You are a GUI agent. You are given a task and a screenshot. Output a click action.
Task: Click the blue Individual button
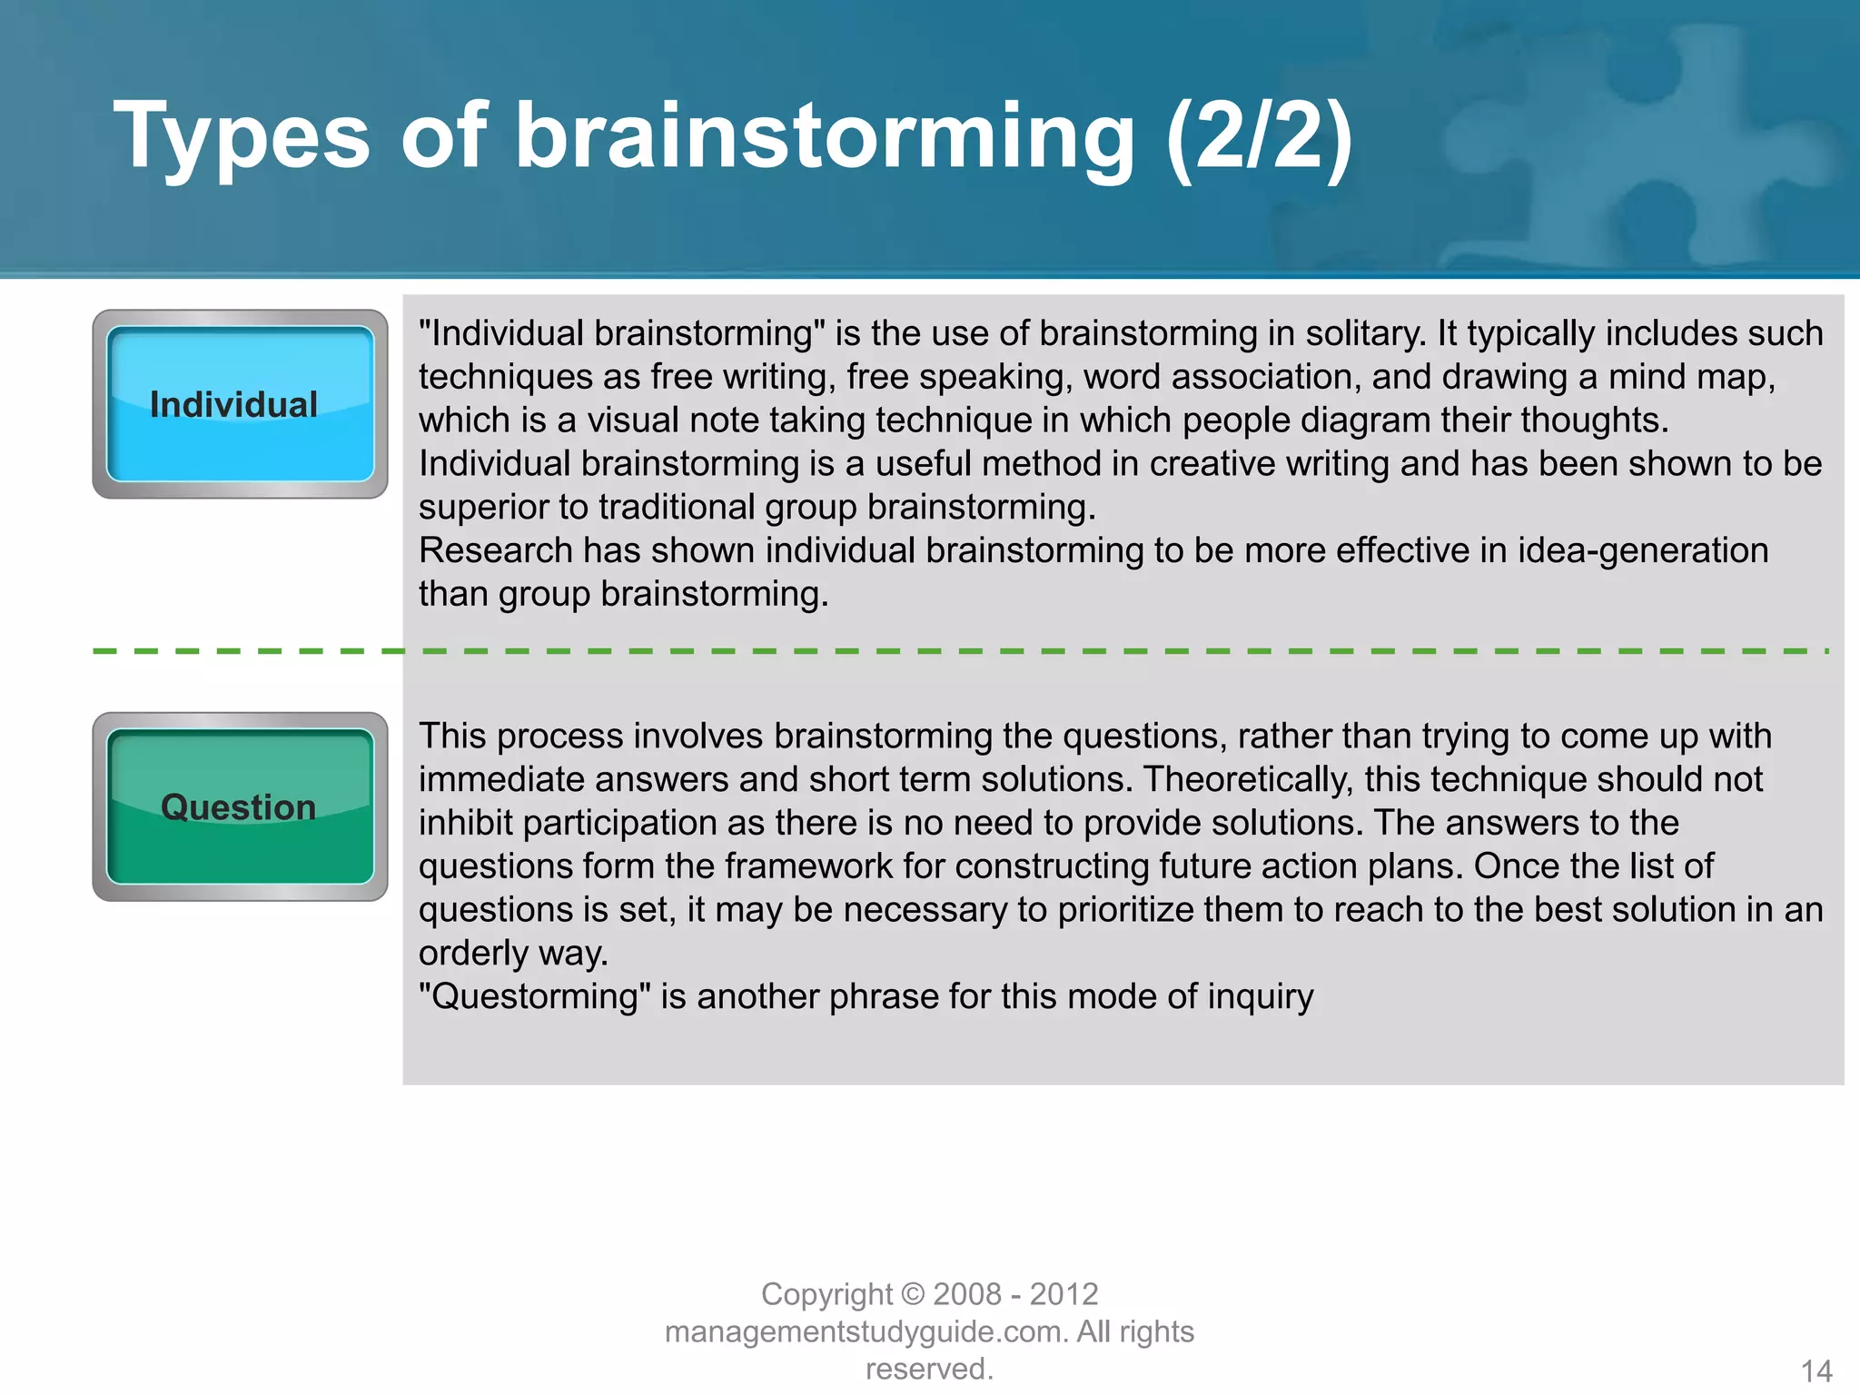pos(240,404)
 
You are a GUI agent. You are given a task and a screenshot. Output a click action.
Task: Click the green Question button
pos(240,806)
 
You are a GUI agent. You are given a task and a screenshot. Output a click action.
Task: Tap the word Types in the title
pos(242,136)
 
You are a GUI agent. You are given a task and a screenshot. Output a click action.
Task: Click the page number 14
pos(1815,1370)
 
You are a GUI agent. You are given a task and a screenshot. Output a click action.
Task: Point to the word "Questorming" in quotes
pos(535,996)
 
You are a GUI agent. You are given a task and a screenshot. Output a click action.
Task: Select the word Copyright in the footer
pos(826,1293)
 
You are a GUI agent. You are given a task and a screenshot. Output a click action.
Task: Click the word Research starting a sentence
pos(495,550)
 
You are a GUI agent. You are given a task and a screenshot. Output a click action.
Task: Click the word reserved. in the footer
pos(929,1369)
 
